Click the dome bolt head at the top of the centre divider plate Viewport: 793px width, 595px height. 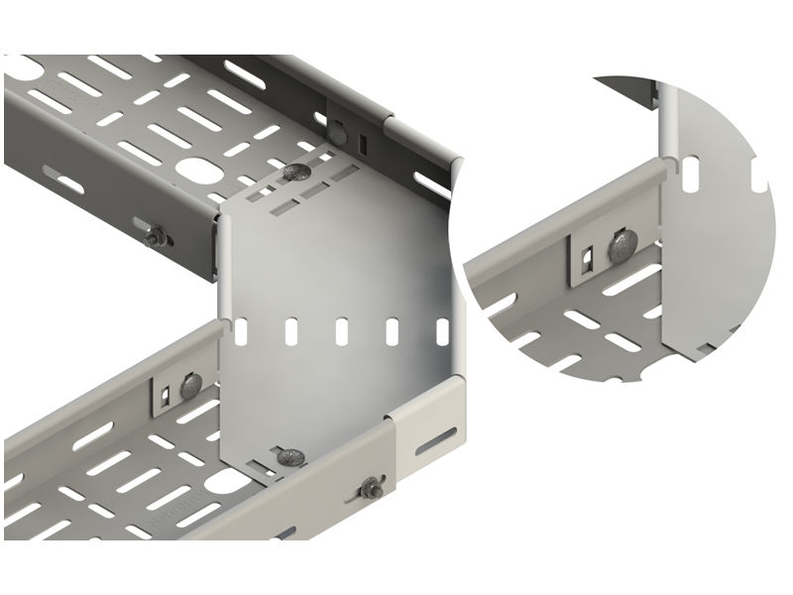point(296,172)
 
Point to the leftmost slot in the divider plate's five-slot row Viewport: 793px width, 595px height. point(241,331)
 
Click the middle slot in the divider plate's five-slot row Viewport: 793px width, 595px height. point(342,330)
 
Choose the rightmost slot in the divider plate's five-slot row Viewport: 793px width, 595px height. point(443,330)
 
